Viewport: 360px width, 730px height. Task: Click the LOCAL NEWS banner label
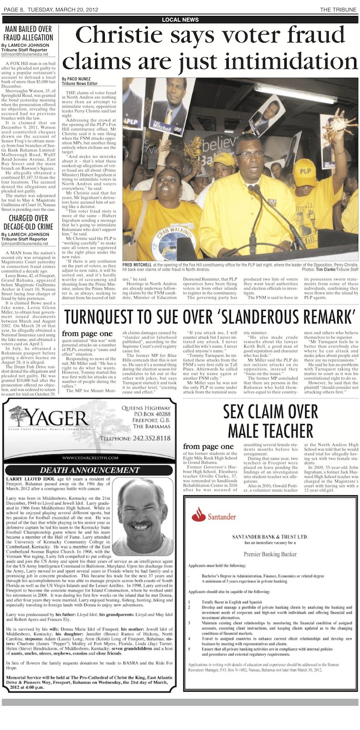[x=180, y=20]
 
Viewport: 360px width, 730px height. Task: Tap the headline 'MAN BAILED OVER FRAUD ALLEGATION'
[x=29, y=33]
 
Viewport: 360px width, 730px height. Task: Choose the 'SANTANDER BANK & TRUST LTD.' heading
[x=270, y=537]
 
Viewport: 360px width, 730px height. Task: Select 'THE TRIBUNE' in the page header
[x=338, y=10]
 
